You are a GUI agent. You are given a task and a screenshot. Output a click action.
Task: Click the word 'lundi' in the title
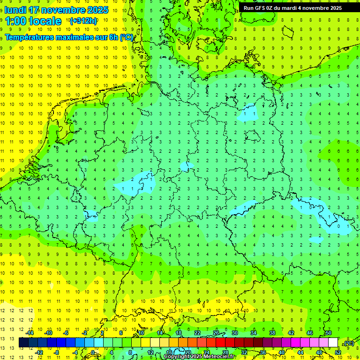pyautogui.click(x=15, y=10)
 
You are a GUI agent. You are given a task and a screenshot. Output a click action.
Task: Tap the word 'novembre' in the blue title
pyautogui.click(x=63, y=10)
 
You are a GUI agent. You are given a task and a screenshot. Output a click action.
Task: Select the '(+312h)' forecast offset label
pyautogui.click(x=83, y=21)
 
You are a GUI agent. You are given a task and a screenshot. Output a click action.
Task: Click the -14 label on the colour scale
pyautogui.click(x=30, y=333)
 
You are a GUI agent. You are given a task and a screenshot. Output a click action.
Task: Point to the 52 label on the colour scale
pyautogui.click(x=338, y=352)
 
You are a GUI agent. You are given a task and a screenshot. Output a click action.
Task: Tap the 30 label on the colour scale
pyautogui.click(x=234, y=333)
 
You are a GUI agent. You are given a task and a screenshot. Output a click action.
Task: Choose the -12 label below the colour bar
pyautogui.click(x=39, y=352)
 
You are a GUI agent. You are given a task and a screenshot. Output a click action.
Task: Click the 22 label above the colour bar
pyautogui.click(x=197, y=333)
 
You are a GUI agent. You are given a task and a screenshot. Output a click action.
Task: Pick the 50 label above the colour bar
pyautogui.click(x=328, y=333)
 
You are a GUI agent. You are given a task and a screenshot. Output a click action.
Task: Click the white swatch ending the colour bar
pyautogui.click(x=333, y=343)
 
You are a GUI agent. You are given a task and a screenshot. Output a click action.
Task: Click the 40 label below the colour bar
pyautogui.click(x=281, y=352)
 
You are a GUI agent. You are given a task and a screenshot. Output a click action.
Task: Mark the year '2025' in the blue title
pyautogui.click(x=97, y=10)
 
